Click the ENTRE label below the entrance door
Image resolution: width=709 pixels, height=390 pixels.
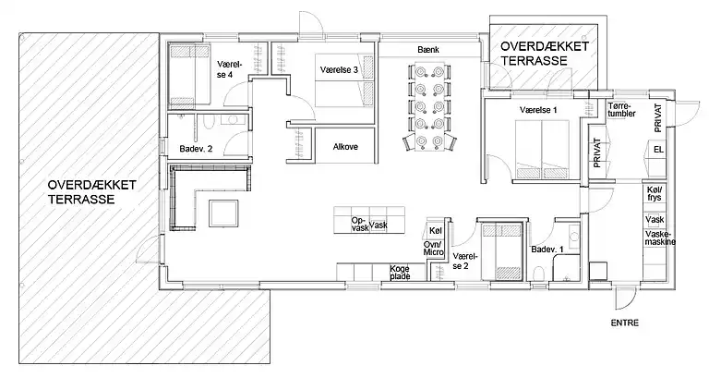624,323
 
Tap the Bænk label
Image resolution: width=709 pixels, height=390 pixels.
428,50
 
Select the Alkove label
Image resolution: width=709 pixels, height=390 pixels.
345,147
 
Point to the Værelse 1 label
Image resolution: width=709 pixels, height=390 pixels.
538,110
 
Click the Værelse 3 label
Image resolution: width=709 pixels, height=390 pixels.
339,69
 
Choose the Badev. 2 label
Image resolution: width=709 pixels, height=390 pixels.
196,149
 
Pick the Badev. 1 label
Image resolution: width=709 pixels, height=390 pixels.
547,250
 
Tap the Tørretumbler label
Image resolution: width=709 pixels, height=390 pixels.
621,110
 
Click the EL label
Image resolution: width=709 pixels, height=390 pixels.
658,150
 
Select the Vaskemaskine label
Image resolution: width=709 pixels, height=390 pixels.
660,238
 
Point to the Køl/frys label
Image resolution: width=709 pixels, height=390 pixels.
655,194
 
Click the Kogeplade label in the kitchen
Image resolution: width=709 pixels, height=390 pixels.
400,273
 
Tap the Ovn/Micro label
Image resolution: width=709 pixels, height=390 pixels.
433,249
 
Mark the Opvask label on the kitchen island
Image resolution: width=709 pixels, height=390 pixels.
360,225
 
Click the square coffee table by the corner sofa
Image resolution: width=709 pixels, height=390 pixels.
223,213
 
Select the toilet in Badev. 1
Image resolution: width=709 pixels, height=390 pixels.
538,274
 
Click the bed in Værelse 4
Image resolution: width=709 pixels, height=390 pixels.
189,76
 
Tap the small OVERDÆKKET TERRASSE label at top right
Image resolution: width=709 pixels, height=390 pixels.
545,54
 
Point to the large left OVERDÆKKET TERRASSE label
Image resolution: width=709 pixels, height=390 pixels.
91,192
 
